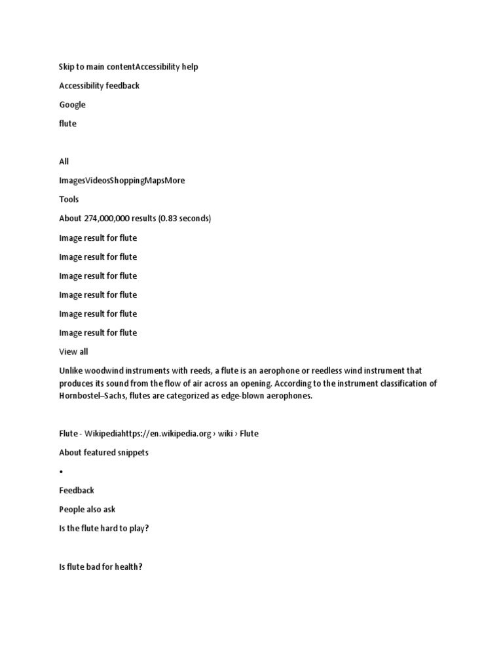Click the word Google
tap(72, 105)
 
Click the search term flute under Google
tap(67, 124)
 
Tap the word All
tap(64, 162)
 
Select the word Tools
tap(69, 200)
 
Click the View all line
tap(73, 351)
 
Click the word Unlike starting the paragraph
tap(71, 371)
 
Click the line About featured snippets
tap(103, 453)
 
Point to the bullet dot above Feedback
tap(61, 472)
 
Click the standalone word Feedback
tap(77, 491)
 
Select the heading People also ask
tap(87, 510)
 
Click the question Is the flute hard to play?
tap(103, 529)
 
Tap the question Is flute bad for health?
tap(100, 567)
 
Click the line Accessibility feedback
tap(99, 86)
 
